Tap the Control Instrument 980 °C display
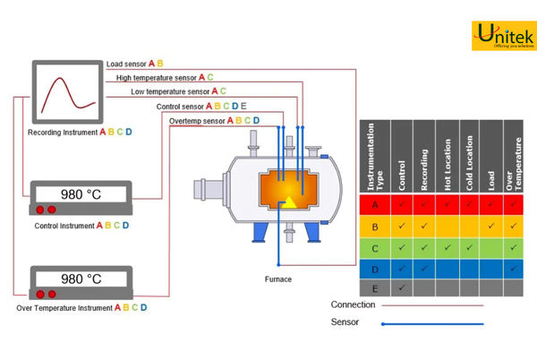coord(81,194)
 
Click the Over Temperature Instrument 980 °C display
coord(81,279)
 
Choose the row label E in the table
coord(374,288)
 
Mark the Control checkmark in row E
coord(401,288)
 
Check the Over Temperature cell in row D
coord(513,267)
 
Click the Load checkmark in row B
coord(490,225)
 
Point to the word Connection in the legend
coord(353,304)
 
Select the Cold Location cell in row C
coord(468,246)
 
